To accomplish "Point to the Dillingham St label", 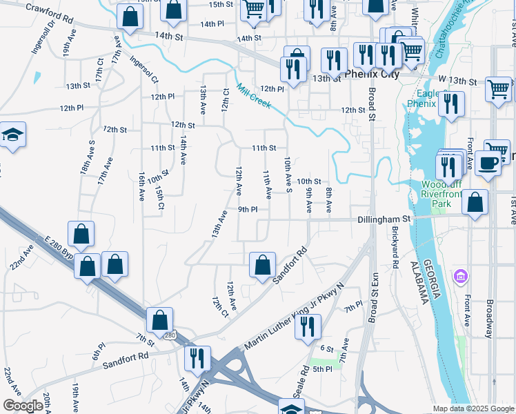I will pos(384,219).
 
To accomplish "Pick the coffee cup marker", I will pos(488,164).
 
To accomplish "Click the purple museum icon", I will pos(461,277).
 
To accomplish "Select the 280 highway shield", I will pos(169,335).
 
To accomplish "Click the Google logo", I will pos(22,406).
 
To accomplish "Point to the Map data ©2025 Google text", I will pos(473,408).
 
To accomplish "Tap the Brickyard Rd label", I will pos(395,248).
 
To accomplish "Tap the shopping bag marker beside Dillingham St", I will pos(475,203).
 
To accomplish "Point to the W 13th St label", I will pos(453,81).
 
